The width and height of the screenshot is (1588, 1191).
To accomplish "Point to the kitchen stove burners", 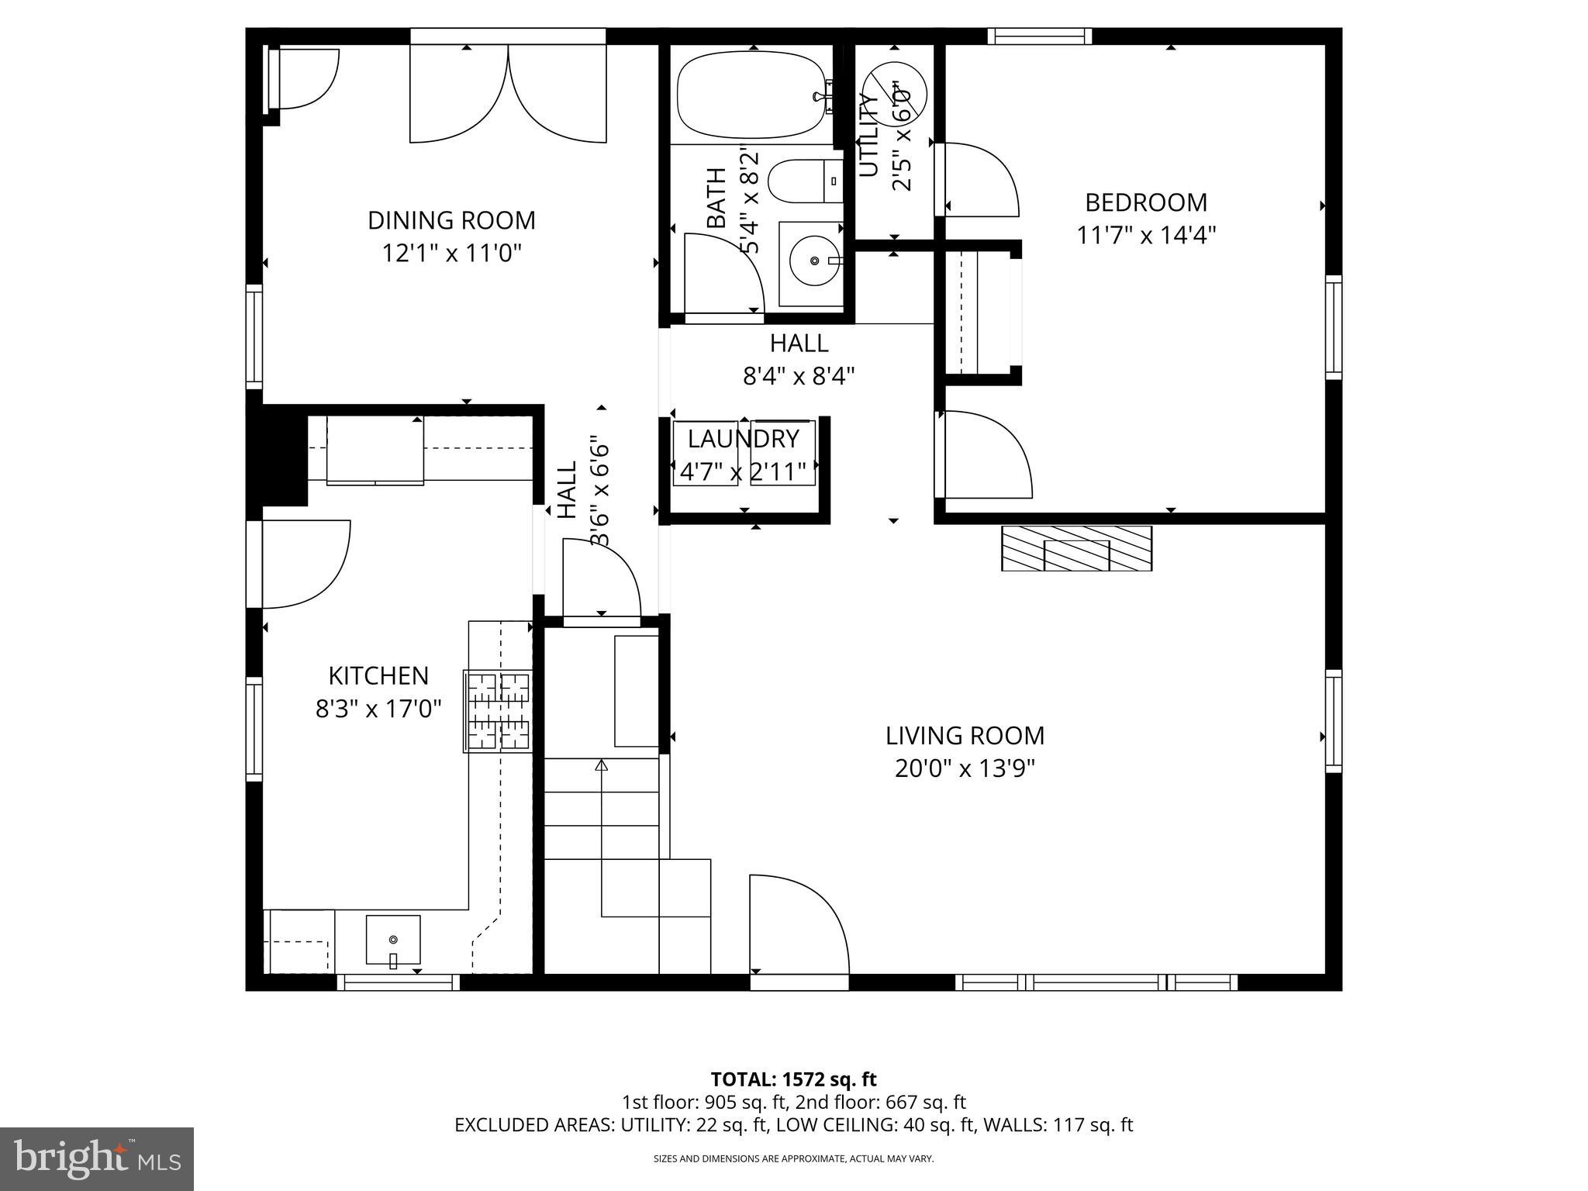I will [x=498, y=711].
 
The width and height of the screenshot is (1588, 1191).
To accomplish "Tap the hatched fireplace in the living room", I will [x=1076, y=549].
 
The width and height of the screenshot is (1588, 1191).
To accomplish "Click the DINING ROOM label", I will [x=451, y=220].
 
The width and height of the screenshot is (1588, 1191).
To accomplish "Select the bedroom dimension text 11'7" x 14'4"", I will [x=1146, y=235].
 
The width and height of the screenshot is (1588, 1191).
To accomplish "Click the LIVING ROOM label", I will [x=965, y=735].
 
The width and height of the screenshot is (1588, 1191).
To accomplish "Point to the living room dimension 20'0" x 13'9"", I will [x=965, y=768].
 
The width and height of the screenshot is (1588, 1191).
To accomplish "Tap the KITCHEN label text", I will [x=378, y=675].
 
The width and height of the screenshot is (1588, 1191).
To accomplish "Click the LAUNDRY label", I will [x=743, y=439].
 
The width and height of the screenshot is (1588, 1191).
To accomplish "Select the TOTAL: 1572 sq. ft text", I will [x=793, y=1079].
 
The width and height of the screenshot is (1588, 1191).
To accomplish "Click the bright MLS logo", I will [x=97, y=1158].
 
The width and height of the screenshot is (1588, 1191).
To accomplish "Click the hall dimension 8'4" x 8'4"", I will [x=799, y=376].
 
